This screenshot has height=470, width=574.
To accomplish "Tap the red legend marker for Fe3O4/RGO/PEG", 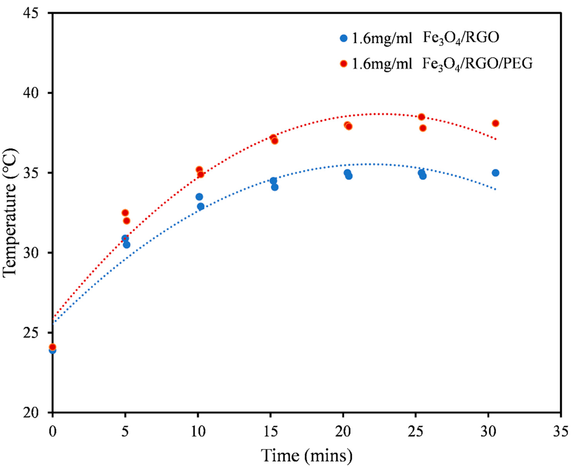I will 344,64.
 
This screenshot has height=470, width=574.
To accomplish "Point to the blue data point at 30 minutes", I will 496,173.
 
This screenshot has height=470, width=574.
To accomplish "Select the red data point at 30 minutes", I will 496,123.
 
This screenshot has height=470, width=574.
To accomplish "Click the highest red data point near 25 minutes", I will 421,117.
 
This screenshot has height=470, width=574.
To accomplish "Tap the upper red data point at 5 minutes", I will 125,212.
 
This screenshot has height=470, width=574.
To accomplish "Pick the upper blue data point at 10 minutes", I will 199,197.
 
